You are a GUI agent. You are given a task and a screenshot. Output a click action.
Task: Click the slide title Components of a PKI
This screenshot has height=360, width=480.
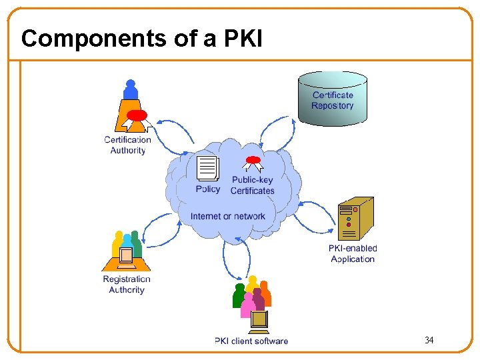(142, 39)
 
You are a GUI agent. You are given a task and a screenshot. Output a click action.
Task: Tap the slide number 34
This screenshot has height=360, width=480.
(429, 341)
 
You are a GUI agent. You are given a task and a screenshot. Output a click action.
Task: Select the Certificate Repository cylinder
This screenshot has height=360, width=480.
(333, 99)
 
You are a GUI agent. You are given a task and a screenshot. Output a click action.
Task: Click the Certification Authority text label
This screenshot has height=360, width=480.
(127, 145)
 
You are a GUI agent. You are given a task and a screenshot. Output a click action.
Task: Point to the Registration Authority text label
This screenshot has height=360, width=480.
(127, 285)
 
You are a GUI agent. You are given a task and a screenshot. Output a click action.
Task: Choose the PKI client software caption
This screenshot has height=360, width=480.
(251, 341)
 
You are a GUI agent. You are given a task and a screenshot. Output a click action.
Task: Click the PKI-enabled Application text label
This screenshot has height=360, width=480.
(353, 254)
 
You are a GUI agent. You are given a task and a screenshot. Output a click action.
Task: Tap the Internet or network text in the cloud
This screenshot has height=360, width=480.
(227, 216)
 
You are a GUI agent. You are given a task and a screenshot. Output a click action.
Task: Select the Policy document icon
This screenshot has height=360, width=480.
(208, 169)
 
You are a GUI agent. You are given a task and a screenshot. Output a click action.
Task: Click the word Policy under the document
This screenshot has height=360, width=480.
(208, 189)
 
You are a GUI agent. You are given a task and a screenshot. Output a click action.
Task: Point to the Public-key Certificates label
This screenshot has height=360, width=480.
(253, 185)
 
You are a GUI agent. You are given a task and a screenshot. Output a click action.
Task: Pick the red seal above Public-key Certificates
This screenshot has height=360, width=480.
(253, 161)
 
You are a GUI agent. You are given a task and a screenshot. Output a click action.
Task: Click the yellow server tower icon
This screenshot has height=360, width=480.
(355, 218)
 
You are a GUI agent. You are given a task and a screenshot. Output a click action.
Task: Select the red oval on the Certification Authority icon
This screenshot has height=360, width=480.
(137, 115)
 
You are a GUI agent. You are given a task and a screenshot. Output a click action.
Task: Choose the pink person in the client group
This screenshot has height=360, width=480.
(248, 306)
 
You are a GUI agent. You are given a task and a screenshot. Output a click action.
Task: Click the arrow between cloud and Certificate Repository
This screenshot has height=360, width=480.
(275, 133)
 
